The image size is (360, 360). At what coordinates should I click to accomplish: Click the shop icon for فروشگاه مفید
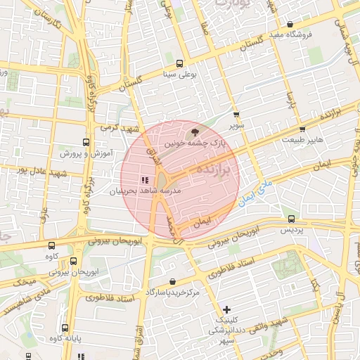290,25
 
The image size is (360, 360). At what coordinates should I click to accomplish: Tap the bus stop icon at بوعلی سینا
180,63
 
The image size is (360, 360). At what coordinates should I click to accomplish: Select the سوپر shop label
235,126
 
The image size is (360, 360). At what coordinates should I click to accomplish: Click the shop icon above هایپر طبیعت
302,129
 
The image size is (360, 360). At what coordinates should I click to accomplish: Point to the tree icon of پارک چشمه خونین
195,131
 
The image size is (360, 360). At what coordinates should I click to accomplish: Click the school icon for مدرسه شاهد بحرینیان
144,180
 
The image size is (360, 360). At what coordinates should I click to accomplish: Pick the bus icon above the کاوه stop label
52,245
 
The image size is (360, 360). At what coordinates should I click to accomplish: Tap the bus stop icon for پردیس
292,219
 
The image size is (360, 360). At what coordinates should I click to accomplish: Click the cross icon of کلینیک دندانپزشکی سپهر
226,309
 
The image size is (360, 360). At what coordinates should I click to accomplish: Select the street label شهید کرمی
117,128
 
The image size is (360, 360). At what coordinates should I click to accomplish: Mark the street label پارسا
290,101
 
